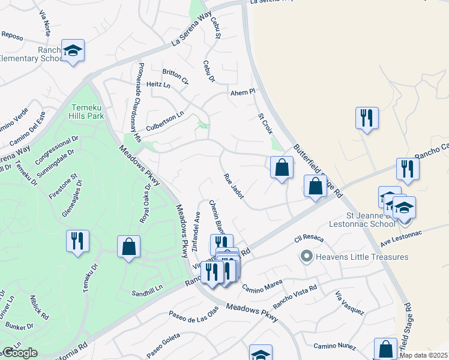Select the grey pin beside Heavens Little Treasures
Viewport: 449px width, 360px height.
click(306, 257)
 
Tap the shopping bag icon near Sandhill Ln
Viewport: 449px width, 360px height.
click(128, 247)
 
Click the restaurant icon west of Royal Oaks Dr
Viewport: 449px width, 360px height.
click(78, 241)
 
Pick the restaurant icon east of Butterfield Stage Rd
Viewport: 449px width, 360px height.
click(366, 118)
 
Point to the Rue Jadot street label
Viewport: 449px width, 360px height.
click(234, 188)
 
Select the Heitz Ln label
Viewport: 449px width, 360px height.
click(158, 85)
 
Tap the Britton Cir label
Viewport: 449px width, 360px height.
click(175, 76)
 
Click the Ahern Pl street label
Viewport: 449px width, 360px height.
click(243, 92)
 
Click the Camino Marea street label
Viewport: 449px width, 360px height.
click(262, 287)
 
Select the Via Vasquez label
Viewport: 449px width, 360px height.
click(349, 302)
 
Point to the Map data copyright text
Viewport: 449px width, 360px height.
click(424, 355)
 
